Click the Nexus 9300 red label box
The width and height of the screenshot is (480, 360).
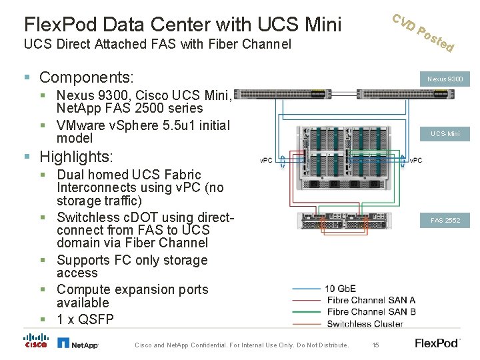click(x=445, y=79)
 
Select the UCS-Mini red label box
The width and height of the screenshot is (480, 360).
click(x=445, y=134)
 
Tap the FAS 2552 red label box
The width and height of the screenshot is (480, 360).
click(x=445, y=220)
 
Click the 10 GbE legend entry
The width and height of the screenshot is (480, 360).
click(x=340, y=289)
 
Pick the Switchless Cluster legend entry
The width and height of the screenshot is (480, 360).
click(x=365, y=324)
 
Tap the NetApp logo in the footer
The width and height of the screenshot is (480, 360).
click(x=78, y=343)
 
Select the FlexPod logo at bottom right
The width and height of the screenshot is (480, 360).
click(x=437, y=343)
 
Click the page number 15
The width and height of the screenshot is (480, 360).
click(x=376, y=345)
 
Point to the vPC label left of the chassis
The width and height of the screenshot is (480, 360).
click(x=266, y=161)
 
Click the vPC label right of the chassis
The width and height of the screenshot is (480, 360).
click(x=415, y=161)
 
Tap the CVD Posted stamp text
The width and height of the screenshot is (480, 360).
click(x=423, y=33)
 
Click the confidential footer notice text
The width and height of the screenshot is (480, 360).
click(x=241, y=345)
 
